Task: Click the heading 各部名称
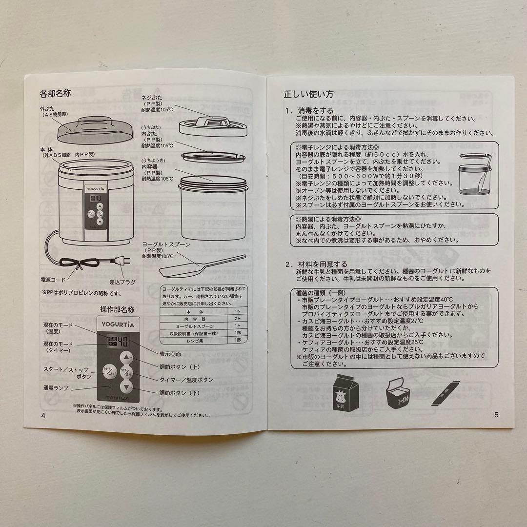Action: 55,93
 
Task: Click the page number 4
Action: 43,415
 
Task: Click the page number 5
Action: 496,415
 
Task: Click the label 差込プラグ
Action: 122,282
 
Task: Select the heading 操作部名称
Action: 117,309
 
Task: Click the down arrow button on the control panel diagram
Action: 126,388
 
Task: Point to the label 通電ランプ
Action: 56,388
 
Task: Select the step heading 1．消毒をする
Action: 309,110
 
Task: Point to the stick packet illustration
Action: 446,394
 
